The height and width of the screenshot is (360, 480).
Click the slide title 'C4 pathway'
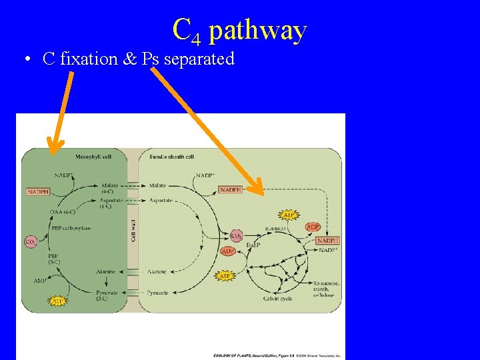click(x=239, y=30)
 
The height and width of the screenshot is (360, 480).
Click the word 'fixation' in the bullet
click(x=89, y=59)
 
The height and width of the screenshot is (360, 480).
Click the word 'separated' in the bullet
click(x=199, y=59)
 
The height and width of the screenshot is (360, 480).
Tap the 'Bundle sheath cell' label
click(x=171, y=157)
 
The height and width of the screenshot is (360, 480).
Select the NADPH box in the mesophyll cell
click(x=38, y=191)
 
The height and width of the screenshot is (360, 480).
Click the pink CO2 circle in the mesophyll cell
click(x=30, y=241)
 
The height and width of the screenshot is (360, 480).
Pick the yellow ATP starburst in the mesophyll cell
click(x=58, y=301)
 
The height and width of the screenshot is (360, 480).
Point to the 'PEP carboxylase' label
click(x=72, y=228)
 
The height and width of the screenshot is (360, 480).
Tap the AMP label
click(x=40, y=281)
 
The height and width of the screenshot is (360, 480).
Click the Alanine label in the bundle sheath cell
click(x=157, y=271)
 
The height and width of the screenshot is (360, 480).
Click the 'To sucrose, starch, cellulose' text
click(x=326, y=289)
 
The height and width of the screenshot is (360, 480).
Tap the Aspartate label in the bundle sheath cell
click(x=161, y=200)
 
